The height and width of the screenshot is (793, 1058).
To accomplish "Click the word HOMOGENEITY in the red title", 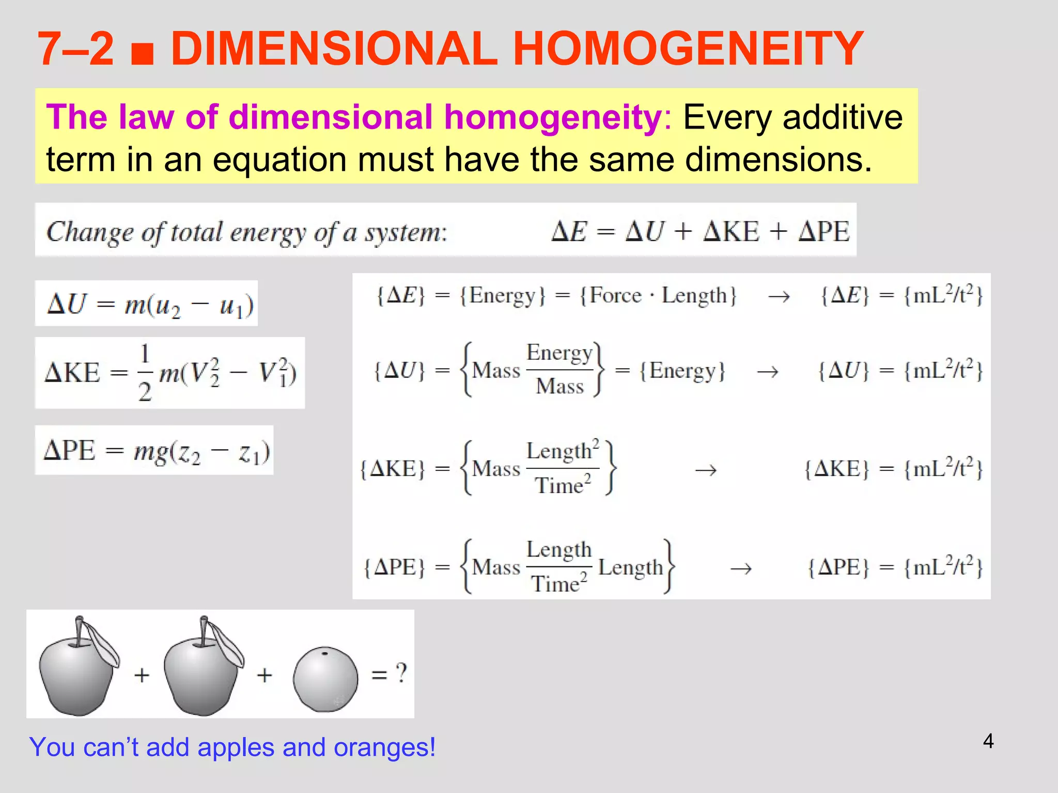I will (688, 49).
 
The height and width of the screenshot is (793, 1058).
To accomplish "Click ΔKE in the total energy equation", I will (732, 231).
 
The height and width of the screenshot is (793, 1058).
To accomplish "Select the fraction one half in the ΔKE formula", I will (145, 373).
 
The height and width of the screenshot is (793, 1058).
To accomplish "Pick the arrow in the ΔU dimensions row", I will (768, 372).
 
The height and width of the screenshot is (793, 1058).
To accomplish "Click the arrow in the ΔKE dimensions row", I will (706, 470).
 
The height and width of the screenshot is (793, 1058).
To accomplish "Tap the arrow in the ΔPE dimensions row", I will (740, 569).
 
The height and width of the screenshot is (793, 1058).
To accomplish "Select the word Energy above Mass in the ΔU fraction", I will (559, 353).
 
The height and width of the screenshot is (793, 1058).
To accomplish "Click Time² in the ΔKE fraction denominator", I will (562, 486).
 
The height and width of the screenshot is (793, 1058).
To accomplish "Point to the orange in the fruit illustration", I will (325, 679).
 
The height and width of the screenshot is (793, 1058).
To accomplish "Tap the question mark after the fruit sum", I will (401, 673).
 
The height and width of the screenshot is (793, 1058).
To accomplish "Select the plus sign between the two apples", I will (142, 675).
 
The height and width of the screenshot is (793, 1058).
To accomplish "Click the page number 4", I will (988, 741).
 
